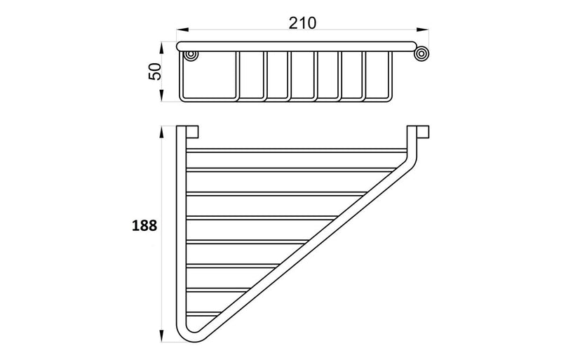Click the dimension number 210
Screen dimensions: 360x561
pos(302,22)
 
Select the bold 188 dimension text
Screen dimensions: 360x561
pos(143,226)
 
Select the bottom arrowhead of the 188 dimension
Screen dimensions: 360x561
pos(163,341)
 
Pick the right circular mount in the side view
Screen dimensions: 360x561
pos(422,54)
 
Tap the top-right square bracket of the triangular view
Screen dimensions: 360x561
pos(423,132)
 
